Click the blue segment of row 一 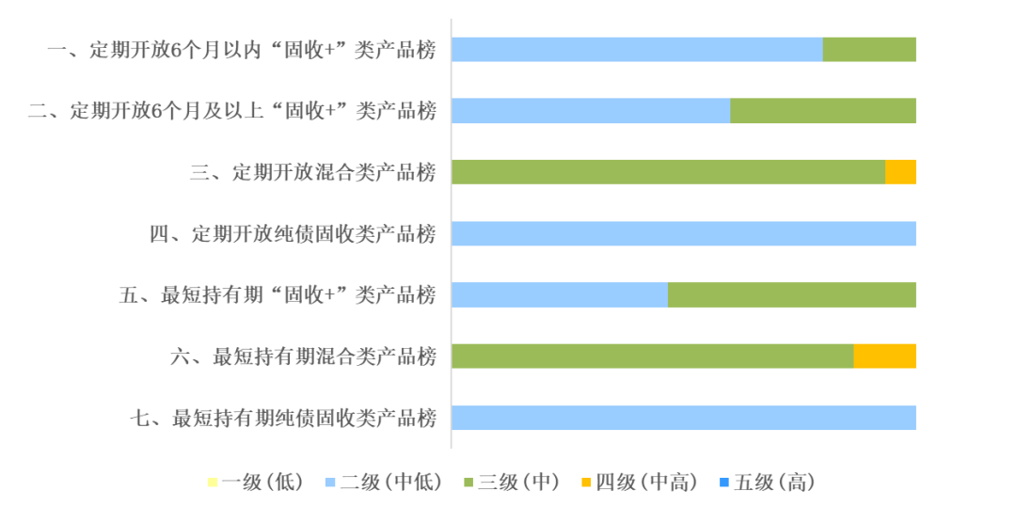[637, 49]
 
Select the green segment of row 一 [869, 49]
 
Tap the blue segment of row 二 [591, 111]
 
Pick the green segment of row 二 [823, 111]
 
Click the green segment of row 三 [668, 171]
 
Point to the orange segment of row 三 [900, 171]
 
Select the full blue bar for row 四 [684, 233]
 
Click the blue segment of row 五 [560, 294]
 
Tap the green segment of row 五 [792, 294]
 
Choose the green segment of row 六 [653, 356]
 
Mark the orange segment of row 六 [885, 356]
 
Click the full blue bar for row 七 [684, 418]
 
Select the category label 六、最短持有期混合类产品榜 [303, 356]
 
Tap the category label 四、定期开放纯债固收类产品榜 [293, 234]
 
